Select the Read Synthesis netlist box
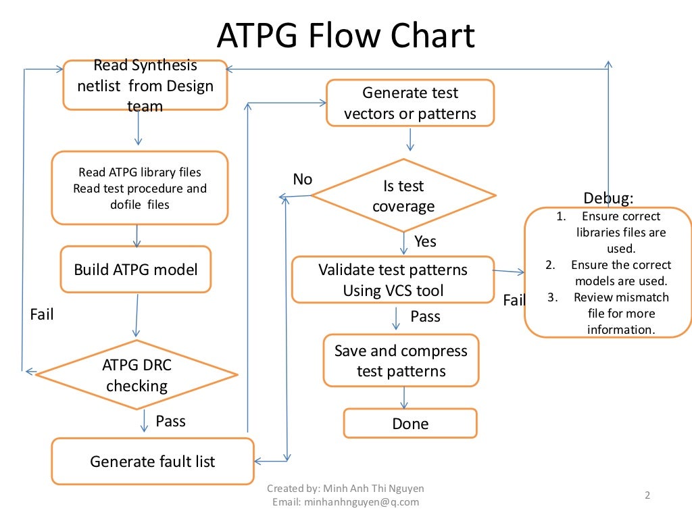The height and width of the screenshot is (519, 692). point(145,85)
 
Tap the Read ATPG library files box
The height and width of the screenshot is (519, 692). point(139,188)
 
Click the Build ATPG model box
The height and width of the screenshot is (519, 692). point(136,269)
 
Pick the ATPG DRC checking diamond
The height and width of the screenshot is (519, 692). point(137,375)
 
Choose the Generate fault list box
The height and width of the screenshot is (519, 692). point(153,462)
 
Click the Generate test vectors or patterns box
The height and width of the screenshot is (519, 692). point(410,103)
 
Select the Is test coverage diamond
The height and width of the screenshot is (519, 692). point(403,196)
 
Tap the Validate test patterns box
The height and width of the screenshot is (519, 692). point(393,279)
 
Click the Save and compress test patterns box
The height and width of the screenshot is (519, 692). point(401,361)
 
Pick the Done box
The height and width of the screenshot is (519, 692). point(410,424)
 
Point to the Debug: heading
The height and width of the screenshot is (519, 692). point(608,198)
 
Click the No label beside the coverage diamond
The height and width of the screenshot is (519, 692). point(302,179)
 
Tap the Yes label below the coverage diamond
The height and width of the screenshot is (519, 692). point(425,241)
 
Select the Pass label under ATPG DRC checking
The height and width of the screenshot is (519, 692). point(170,421)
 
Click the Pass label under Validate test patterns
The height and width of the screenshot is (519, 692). point(425,316)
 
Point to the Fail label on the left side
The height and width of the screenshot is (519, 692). point(42,314)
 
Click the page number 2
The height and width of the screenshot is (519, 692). point(647,495)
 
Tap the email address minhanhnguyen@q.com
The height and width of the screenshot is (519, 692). point(345,502)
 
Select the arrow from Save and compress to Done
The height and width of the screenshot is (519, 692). point(404,397)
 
